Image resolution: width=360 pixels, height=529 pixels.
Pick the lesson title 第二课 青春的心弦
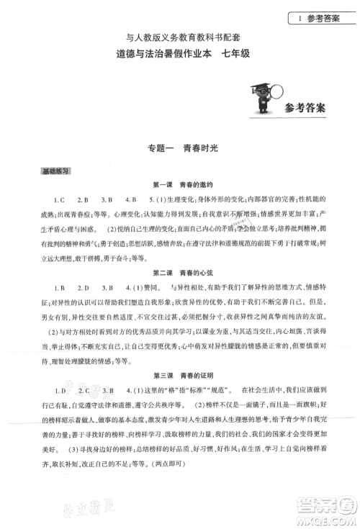[x=180, y=274]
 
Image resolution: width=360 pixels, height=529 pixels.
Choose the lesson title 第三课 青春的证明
[x=180, y=375]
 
